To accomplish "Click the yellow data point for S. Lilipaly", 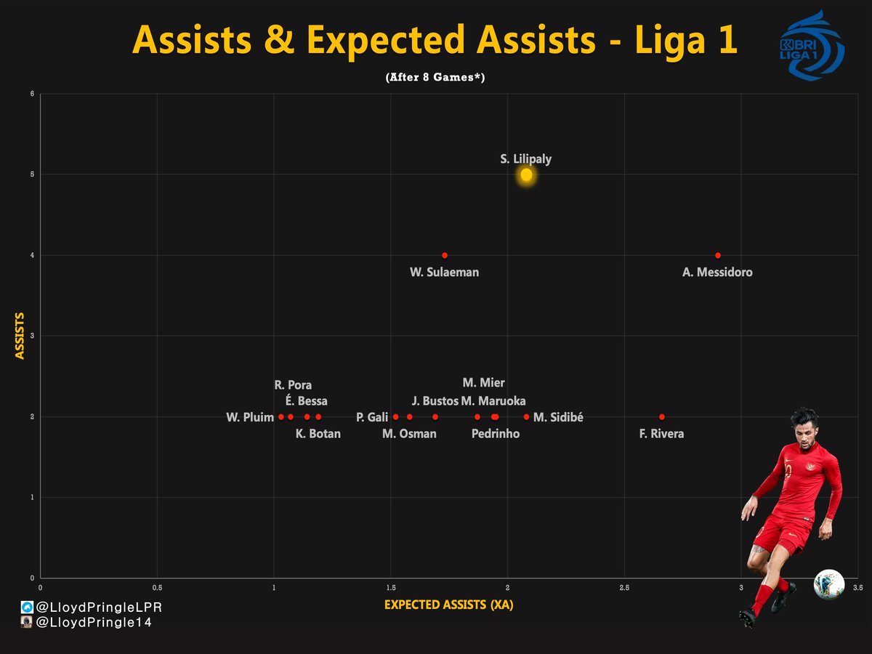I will click(x=526, y=174).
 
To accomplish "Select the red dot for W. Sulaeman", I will click(x=445, y=255).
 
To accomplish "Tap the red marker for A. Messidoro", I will click(x=718, y=255).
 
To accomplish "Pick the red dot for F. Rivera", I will click(x=662, y=416).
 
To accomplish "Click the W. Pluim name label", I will click(x=250, y=417).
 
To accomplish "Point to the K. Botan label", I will click(x=318, y=434).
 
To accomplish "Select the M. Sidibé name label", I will click(x=558, y=417).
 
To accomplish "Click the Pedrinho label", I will click(x=495, y=434).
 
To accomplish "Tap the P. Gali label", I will click(x=372, y=417).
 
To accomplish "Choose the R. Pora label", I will click(x=293, y=385).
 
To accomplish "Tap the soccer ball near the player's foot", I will click(x=828, y=584).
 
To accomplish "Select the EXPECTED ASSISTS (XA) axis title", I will click(x=448, y=605).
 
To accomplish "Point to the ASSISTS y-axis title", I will click(x=20, y=336).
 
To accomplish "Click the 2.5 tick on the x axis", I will click(x=624, y=586).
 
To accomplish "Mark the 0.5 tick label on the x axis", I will click(x=157, y=586).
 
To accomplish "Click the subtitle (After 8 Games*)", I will click(x=435, y=78).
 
